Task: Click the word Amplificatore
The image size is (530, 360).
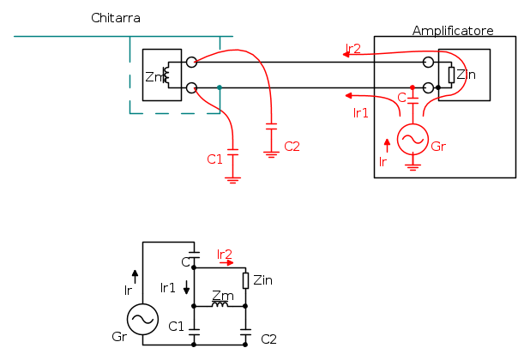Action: tap(452, 31)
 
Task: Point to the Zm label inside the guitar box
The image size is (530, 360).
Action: tap(154, 77)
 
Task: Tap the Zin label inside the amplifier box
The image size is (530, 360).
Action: tap(466, 75)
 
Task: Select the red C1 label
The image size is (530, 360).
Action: tap(214, 159)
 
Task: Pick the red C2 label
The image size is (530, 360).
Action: tap(292, 146)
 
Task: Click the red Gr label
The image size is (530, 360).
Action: tap(438, 147)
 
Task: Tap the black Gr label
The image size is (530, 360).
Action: tap(119, 336)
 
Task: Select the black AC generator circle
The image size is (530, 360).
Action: tap(142, 320)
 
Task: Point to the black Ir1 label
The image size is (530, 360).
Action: tap(168, 288)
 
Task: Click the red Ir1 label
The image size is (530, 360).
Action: tap(360, 112)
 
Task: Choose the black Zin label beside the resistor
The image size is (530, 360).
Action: tap(262, 279)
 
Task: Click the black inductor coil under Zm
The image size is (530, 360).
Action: tap(220, 303)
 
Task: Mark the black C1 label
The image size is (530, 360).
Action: tap(177, 326)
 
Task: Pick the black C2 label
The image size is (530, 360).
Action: tap(268, 339)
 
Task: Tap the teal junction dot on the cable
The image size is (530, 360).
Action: tap(220, 87)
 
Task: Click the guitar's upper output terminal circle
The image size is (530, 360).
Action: tap(190, 63)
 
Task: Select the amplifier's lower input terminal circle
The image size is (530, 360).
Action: tap(428, 87)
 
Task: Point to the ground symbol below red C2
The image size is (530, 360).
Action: tap(271, 154)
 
